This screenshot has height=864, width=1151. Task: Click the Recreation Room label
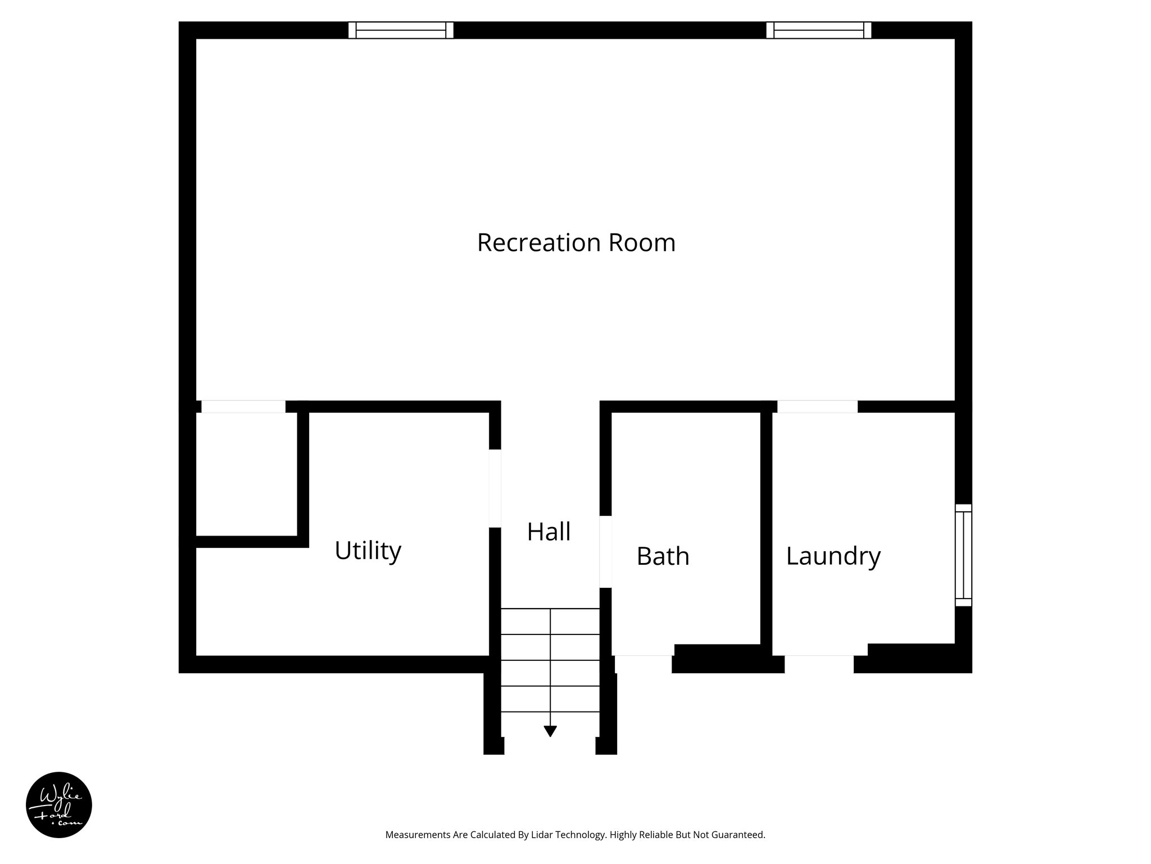[576, 242]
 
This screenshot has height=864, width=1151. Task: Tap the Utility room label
[368, 550]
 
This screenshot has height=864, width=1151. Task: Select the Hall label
[549, 532]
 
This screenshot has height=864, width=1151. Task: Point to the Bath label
[663, 556]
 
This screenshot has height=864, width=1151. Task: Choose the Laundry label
[833, 556]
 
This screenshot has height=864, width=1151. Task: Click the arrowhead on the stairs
[550, 731]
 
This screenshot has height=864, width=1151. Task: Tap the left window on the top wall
[401, 30]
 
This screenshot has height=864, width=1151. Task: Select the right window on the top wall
[819, 30]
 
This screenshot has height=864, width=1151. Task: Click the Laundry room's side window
[963, 555]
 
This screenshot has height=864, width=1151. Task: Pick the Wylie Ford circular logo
[59, 805]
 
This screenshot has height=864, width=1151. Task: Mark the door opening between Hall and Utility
[495, 488]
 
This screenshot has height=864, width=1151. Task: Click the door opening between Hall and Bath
[605, 552]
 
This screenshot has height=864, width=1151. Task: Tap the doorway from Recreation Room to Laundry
[817, 406]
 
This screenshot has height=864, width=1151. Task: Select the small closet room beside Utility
[246, 474]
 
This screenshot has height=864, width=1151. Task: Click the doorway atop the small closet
[243, 406]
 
